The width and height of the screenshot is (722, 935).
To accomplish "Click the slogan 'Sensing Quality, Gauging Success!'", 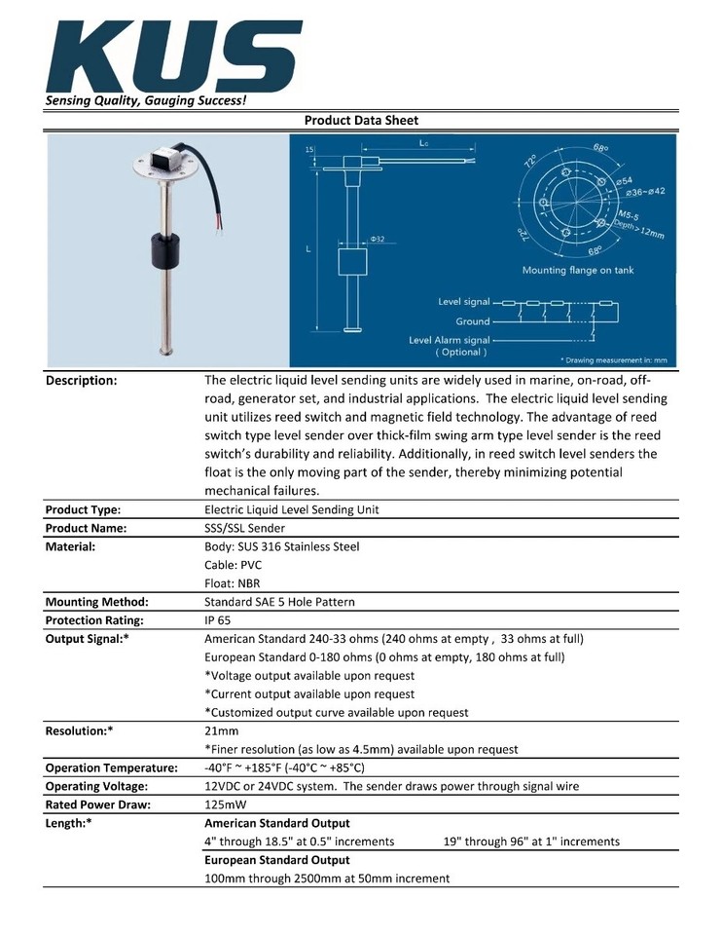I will click(145, 100).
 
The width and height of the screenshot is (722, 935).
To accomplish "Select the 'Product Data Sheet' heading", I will click(361, 121).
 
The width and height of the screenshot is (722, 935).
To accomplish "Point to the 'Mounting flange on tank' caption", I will click(577, 270).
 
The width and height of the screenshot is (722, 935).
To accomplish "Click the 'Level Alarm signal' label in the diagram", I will click(449, 340).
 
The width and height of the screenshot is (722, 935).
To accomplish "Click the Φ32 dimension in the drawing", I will click(377, 239).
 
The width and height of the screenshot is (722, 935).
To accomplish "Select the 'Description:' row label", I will click(82, 381).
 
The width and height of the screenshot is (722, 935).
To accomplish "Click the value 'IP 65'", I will click(218, 620).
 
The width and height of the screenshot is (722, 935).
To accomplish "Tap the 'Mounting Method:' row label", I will click(96, 602).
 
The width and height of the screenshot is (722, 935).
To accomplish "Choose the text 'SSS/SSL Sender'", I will click(244, 528).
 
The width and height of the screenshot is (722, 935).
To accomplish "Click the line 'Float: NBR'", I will click(233, 583).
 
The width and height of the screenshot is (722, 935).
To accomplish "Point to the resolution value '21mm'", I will click(221, 730).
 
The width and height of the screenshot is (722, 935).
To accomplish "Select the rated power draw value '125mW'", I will click(225, 805).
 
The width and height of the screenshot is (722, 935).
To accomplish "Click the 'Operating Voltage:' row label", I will click(96, 786).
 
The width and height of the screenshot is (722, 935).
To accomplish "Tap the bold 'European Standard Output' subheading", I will click(276, 860).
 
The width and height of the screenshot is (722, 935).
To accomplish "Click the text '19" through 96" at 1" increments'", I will click(530, 841).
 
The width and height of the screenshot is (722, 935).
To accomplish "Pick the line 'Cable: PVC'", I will click(233, 565).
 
